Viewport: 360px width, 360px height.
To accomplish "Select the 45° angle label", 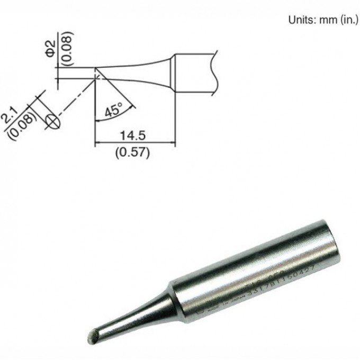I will pos(113,111).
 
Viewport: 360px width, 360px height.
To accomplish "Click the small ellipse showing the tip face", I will pos(52,121).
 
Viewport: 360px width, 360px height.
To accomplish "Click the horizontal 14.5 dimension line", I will pos(134,143).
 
